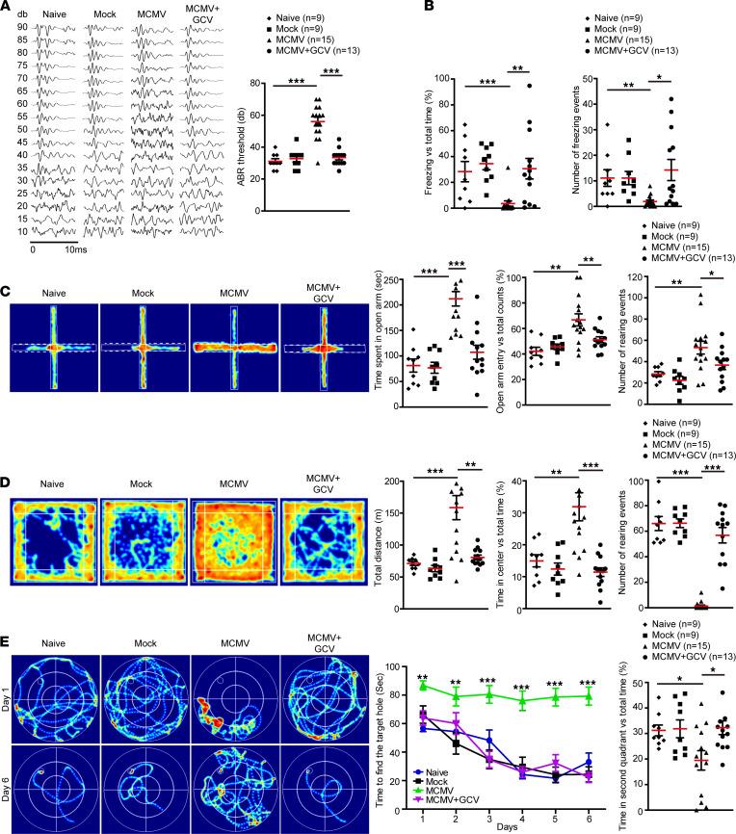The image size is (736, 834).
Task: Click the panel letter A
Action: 9,8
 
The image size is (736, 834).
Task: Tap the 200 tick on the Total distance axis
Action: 394,480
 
